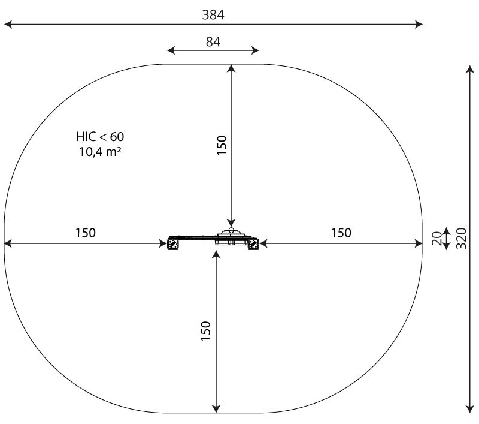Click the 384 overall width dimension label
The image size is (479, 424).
213,14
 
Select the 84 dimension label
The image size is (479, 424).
213,41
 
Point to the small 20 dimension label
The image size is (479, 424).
437,239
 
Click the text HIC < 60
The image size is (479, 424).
100,137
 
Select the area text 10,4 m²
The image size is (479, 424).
100,151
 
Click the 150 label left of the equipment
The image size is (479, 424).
86,233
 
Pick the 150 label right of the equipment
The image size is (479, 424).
341,233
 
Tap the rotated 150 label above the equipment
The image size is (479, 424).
222,145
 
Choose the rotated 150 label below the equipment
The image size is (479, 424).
205,331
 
